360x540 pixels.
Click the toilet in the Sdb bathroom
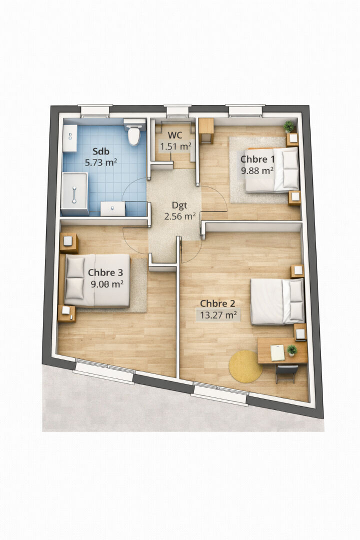pyautogui.click(x=134, y=132)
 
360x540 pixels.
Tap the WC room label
pyautogui.click(x=175, y=135)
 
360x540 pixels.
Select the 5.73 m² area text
pyautogui.click(x=101, y=162)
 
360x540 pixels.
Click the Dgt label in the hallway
pyautogui.click(x=179, y=205)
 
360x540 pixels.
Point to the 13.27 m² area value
pyautogui.click(x=218, y=315)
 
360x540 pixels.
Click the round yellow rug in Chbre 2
pyautogui.click(x=245, y=366)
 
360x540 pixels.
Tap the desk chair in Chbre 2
pyautogui.click(x=286, y=374)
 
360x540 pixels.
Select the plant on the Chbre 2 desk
pyautogui.click(x=292, y=350)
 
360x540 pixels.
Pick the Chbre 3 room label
pyautogui.click(x=105, y=272)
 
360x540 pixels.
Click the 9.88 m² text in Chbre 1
pyautogui.click(x=257, y=170)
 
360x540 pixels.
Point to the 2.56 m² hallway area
pyautogui.click(x=180, y=216)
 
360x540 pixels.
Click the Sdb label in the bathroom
pyautogui.click(x=101, y=151)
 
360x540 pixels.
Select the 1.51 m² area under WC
pyautogui.click(x=175, y=146)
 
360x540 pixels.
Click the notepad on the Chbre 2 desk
pyautogui.click(x=277, y=352)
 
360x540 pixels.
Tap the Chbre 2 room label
pyautogui.click(x=217, y=303)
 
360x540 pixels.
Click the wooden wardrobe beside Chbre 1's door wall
pyautogui.click(x=206, y=131)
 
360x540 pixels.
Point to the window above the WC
pyautogui.click(x=177, y=111)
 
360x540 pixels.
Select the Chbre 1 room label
pyautogui.click(x=257, y=159)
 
